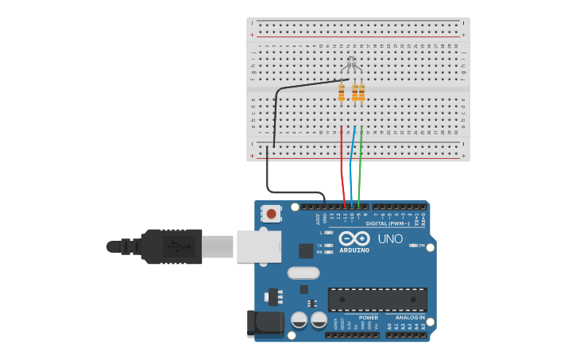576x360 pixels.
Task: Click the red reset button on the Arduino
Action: (272, 213)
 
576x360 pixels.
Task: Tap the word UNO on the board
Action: (389, 238)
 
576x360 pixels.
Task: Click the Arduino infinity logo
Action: (354, 238)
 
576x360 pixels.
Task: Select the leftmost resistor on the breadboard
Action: (342, 94)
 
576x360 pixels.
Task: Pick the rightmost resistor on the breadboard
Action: (361, 93)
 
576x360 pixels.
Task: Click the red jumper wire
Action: (342, 167)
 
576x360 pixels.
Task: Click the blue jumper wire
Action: (351, 167)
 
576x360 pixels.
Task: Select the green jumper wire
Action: (360, 167)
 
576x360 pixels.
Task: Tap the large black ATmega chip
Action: (377, 300)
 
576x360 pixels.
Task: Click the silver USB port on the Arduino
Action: (258, 246)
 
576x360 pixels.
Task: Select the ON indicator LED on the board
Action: (413, 246)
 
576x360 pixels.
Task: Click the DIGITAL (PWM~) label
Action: (388, 223)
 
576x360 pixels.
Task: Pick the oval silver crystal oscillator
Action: (303, 273)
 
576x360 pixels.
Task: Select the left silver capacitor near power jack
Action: (299, 319)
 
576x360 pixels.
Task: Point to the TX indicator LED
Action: (329, 246)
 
